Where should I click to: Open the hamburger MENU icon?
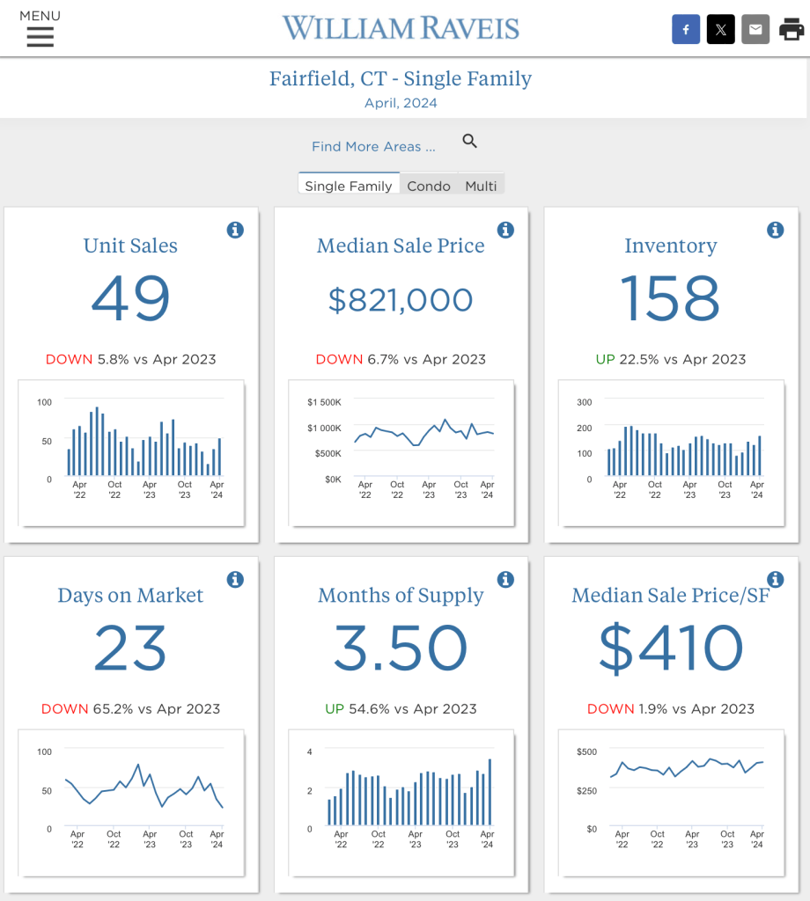pyautogui.click(x=40, y=36)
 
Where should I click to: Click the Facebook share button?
pyautogui.click(x=686, y=30)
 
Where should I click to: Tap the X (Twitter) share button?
pyautogui.click(x=720, y=30)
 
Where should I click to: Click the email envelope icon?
pyautogui.click(x=755, y=30)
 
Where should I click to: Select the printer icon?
pyautogui.click(x=792, y=30)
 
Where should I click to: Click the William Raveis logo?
pyautogui.click(x=401, y=28)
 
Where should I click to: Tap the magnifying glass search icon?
pyautogui.click(x=470, y=141)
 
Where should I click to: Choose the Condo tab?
pyautogui.click(x=429, y=186)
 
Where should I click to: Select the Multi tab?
pyautogui.click(x=481, y=186)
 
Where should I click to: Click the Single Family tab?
pyautogui.click(x=349, y=186)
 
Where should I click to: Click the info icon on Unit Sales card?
pyautogui.click(x=235, y=231)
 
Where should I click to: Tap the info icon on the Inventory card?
pyautogui.click(x=775, y=231)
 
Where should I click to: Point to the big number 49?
pyautogui.click(x=130, y=298)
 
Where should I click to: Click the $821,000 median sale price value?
pyautogui.click(x=401, y=300)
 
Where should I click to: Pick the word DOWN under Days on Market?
pyautogui.click(x=64, y=708)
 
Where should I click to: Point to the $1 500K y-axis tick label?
pyautogui.click(x=324, y=402)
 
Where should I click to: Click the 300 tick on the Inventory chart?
pyautogui.click(x=585, y=402)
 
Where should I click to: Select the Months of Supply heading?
pyautogui.click(x=401, y=596)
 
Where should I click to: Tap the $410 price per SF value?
pyautogui.click(x=671, y=648)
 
